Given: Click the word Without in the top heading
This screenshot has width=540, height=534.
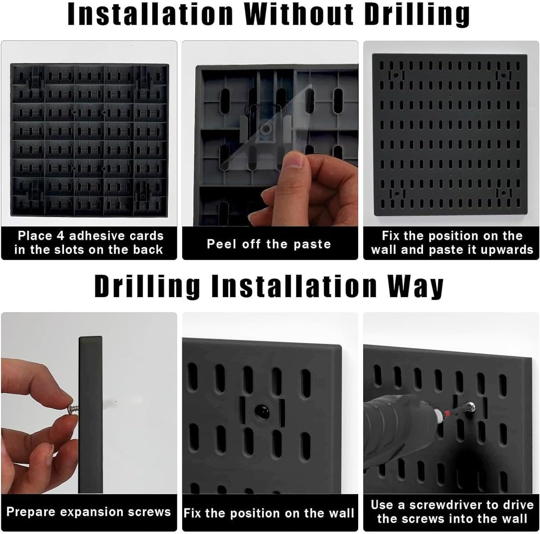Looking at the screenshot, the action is click(298, 14).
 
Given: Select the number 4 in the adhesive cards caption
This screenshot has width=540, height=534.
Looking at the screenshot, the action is click(61, 236).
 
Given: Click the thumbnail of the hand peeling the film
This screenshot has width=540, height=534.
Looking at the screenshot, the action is click(270, 134).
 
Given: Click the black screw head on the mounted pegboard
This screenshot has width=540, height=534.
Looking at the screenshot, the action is click(262, 411).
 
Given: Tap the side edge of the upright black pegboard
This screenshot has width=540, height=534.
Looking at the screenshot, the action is click(90, 415).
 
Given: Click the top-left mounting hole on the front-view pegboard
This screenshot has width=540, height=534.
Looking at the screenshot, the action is click(396, 75).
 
